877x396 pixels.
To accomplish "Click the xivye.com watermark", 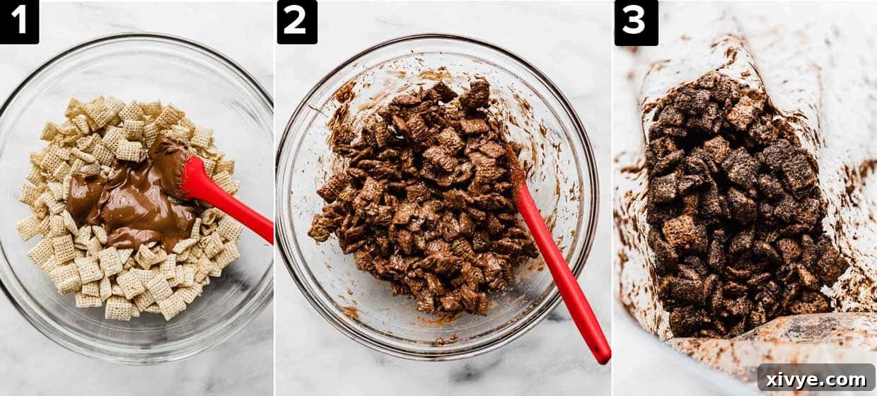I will click(816, 378).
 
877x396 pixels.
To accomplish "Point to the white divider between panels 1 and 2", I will click(274, 212).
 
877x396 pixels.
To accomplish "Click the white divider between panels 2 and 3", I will click(612, 212).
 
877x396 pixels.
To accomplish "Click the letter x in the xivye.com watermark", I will click(772, 379).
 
